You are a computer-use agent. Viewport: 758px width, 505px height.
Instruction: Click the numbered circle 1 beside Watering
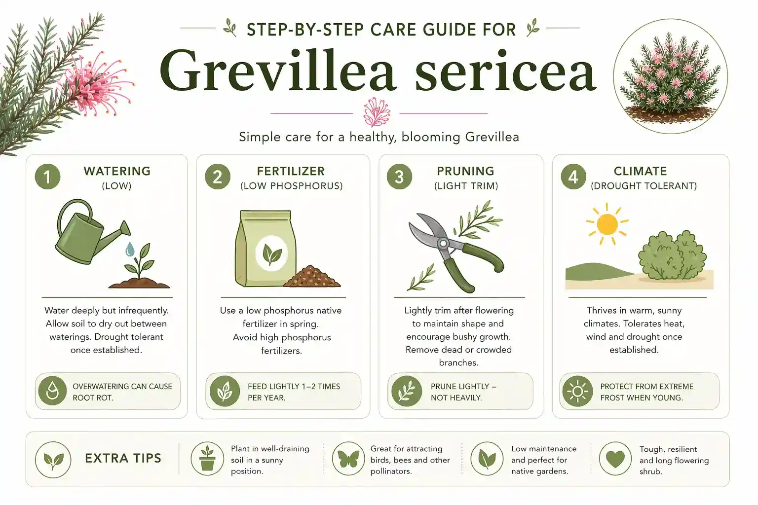(47, 177)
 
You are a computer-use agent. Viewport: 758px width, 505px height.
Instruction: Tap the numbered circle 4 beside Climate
(573, 177)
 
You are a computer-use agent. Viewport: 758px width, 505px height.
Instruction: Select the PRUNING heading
(465, 171)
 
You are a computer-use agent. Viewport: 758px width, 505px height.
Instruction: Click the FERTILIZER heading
(291, 171)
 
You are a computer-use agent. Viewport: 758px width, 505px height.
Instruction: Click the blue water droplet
(130, 250)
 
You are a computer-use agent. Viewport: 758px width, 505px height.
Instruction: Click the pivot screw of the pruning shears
(443, 243)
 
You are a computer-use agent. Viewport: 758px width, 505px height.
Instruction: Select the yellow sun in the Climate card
(607, 224)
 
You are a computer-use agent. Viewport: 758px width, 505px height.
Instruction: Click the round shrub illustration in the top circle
(670, 79)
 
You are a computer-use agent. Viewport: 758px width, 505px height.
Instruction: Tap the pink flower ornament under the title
(376, 112)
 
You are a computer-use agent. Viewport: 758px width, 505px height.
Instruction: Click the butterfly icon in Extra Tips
(348, 459)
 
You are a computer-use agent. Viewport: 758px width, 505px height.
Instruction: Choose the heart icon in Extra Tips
(615, 459)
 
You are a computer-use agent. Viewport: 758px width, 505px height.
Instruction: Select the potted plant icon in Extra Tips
(207, 459)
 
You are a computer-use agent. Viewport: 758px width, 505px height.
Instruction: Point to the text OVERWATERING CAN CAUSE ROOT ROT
(122, 392)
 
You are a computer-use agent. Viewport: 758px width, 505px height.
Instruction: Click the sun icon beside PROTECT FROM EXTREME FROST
(577, 392)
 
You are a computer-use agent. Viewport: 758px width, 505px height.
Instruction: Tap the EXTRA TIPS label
(123, 458)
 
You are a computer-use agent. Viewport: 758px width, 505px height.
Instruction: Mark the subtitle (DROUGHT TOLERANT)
(644, 186)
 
